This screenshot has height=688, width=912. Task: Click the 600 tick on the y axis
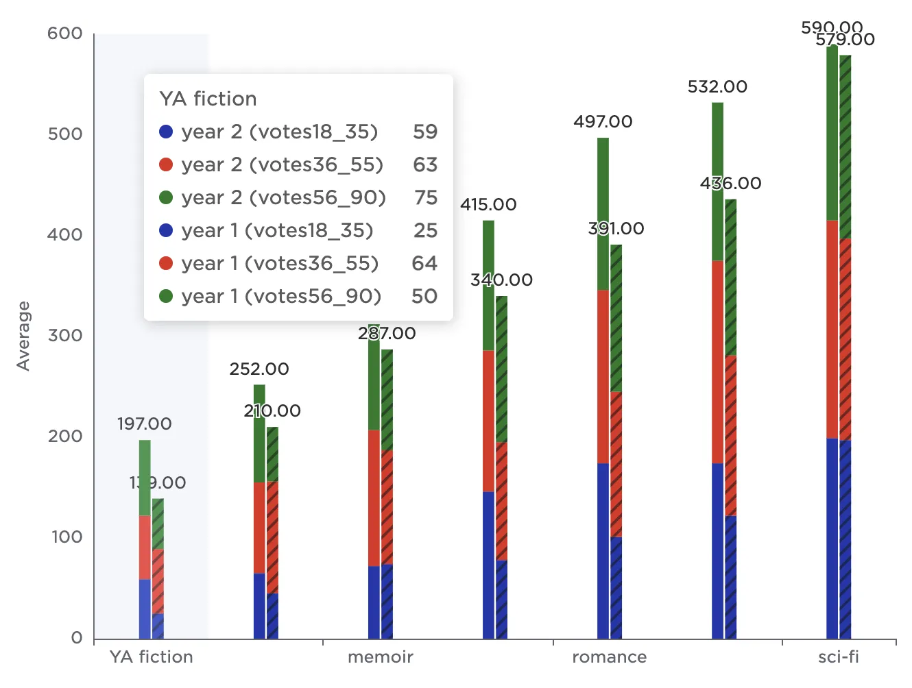pyautogui.click(x=64, y=34)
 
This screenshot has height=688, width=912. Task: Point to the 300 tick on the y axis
pyautogui.click(x=64, y=336)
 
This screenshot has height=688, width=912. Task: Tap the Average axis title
pyautogui.click(x=24, y=336)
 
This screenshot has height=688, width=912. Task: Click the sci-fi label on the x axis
pyautogui.click(x=838, y=657)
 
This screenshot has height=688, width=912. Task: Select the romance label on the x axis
pyautogui.click(x=609, y=657)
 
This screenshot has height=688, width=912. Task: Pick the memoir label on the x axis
pyautogui.click(x=380, y=657)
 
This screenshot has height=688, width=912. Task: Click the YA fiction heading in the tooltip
pyautogui.click(x=208, y=99)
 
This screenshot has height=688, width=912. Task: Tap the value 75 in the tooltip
pyautogui.click(x=425, y=198)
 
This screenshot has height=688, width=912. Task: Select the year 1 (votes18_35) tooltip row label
pyautogui.click(x=277, y=231)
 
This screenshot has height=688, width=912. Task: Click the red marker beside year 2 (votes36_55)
pyautogui.click(x=166, y=165)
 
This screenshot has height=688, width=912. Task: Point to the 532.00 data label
pyautogui.click(x=717, y=87)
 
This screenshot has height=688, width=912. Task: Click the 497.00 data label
pyautogui.click(x=603, y=122)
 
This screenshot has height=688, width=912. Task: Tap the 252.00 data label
pyautogui.click(x=259, y=369)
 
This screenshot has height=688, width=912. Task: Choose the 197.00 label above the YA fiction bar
pyautogui.click(x=144, y=424)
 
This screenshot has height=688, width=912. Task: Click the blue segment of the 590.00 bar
pyautogui.click(x=832, y=538)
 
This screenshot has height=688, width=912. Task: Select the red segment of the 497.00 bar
pyautogui.click(x=603, y=376)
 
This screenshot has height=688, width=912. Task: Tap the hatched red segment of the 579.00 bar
pyautogui.click(x=845, y=339)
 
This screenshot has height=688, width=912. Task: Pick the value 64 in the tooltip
pyautogui.click(x=424, y=264)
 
